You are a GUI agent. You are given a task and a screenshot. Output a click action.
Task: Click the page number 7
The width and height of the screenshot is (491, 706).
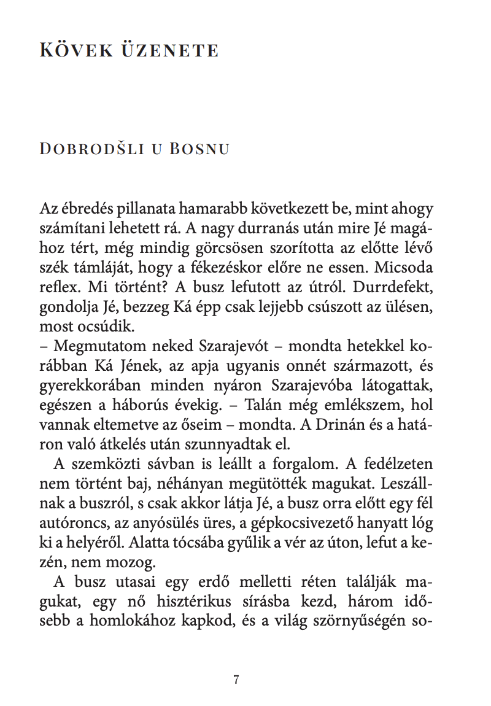click(236, 679)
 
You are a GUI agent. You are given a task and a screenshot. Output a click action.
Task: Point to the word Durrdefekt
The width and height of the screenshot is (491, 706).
click(397, 289)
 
